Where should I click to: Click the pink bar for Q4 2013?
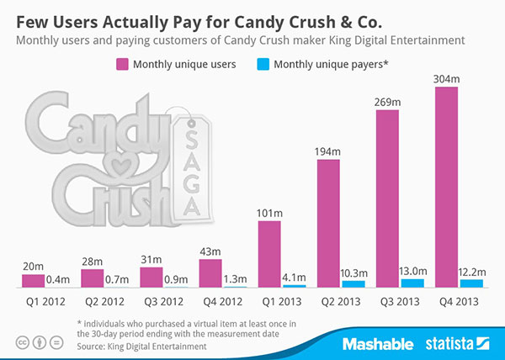point(446,185)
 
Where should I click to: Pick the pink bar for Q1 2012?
point(34,280)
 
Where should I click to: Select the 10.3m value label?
point(355,273)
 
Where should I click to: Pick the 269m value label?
point(387,101)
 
